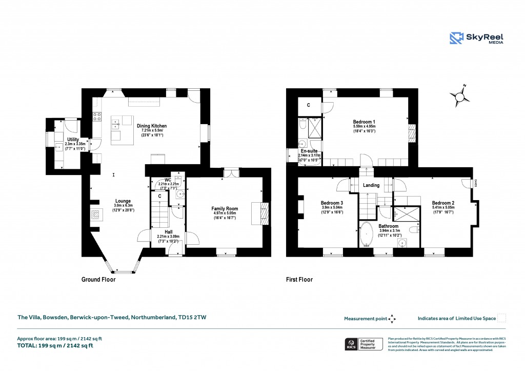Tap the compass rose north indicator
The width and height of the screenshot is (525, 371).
460,96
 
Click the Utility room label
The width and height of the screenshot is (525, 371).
73,140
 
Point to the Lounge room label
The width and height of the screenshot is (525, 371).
123,201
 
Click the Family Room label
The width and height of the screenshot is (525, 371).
225,209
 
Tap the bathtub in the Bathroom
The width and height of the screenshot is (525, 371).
368,235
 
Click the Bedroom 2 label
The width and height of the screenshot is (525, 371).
443,202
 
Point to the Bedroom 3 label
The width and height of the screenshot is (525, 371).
332,203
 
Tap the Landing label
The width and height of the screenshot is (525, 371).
371,185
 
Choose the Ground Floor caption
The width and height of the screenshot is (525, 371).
98,280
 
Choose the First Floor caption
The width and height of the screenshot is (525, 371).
299,280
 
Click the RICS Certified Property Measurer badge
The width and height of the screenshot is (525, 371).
362,344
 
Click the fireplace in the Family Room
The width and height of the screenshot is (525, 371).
260,211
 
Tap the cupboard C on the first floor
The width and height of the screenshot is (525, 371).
308,105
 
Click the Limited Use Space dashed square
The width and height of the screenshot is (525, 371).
502,318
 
